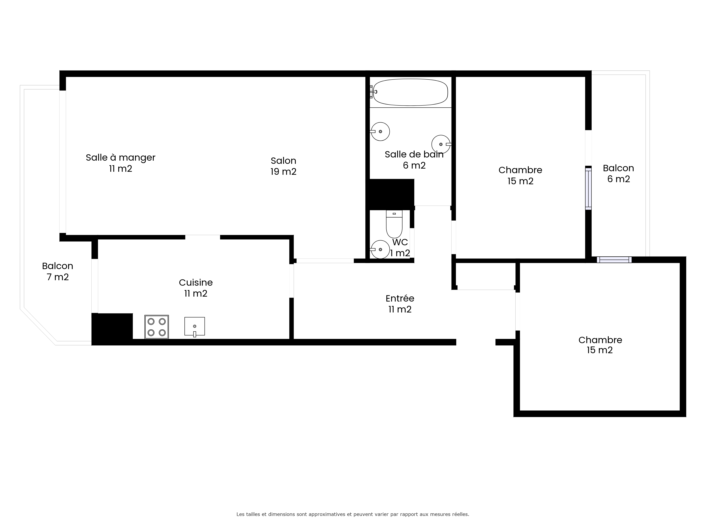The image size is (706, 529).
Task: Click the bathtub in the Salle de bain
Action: (x=410, y=92)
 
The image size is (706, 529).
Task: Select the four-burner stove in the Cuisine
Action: (x=156, y=327)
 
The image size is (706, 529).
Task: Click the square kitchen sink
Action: (x=194, y=327)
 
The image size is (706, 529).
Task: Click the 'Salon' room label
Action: (x=283, y=160)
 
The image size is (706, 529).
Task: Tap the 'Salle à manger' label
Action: (x=121, y=157)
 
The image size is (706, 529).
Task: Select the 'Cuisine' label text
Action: (x=196, y=282)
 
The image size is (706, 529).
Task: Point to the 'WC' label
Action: (x=400, y=242)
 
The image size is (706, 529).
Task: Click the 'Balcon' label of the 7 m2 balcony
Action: (x=57, y=266)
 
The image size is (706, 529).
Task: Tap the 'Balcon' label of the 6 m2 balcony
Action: (x=618, y=168)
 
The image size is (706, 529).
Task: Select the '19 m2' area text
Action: (x=283, y=172)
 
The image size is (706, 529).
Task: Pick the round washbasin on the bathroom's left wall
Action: (x=380, y=131)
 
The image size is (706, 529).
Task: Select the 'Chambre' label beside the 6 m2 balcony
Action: (x=520, y=170)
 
